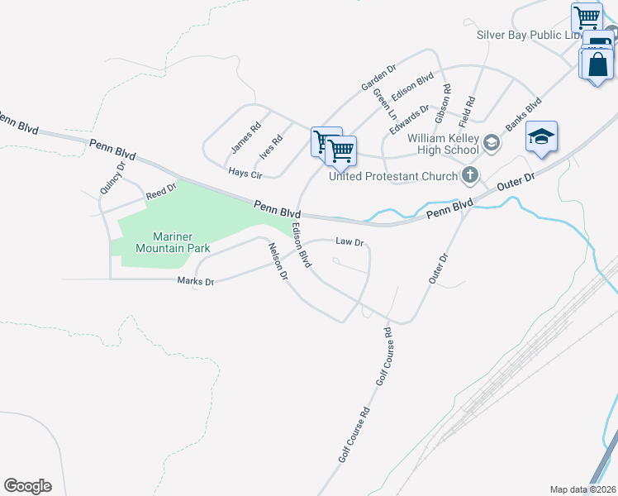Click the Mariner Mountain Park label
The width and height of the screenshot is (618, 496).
(x=173, y=241)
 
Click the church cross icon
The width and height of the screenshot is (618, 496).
(x=470, y=174)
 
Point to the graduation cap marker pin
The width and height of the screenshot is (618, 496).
(x=541, y=137)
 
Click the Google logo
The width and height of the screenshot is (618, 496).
(x=27, y=486)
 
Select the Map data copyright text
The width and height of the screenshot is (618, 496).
(x=582, y=489)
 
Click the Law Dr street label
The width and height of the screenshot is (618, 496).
(x=349, y=242)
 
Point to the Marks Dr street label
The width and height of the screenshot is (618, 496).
(x=196, y=282)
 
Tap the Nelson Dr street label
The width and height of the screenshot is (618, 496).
(x=277, y=260)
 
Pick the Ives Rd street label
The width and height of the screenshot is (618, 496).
(x=271, y=146)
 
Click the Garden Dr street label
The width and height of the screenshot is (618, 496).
(x=378, y=76)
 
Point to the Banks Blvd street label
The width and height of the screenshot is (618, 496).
(x=523, y=114)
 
